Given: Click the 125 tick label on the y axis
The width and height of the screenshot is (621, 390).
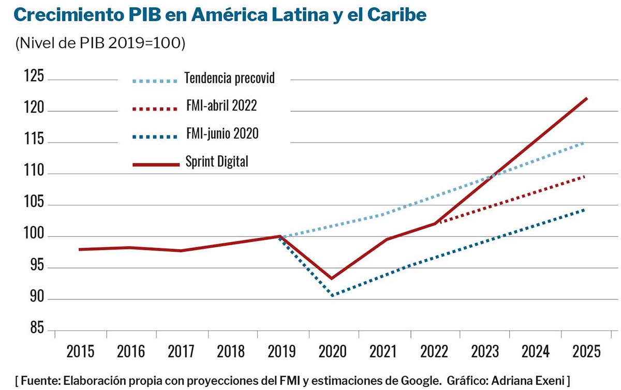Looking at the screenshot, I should tap(34, 79).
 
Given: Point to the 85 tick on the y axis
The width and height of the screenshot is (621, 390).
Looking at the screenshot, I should tap(34, 331).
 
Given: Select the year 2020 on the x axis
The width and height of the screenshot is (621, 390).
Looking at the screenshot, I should tap(333, 352).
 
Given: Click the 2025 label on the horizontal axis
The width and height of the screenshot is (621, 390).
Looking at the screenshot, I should tap(586, 352).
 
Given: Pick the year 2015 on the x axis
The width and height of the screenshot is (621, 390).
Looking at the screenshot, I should tap(80, 352).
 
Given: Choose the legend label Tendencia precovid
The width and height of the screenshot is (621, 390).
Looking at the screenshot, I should tap(229, 79).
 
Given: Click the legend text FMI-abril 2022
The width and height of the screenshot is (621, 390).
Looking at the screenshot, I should tap(221, 107).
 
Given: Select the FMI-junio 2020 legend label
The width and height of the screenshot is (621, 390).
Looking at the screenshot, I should tap(222, 134).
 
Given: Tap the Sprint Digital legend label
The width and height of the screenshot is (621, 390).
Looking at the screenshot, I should tap(217, 162).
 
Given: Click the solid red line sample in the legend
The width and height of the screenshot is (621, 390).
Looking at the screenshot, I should tap(155, 164).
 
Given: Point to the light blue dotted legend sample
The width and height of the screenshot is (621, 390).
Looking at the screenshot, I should tap(155, 81).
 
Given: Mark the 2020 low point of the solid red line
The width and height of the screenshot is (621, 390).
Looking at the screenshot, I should tap(332, 278).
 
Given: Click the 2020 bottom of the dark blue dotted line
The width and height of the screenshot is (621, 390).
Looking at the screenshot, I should tap(332, 295).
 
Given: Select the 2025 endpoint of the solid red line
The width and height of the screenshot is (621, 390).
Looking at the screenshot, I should tap(586, 98).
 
